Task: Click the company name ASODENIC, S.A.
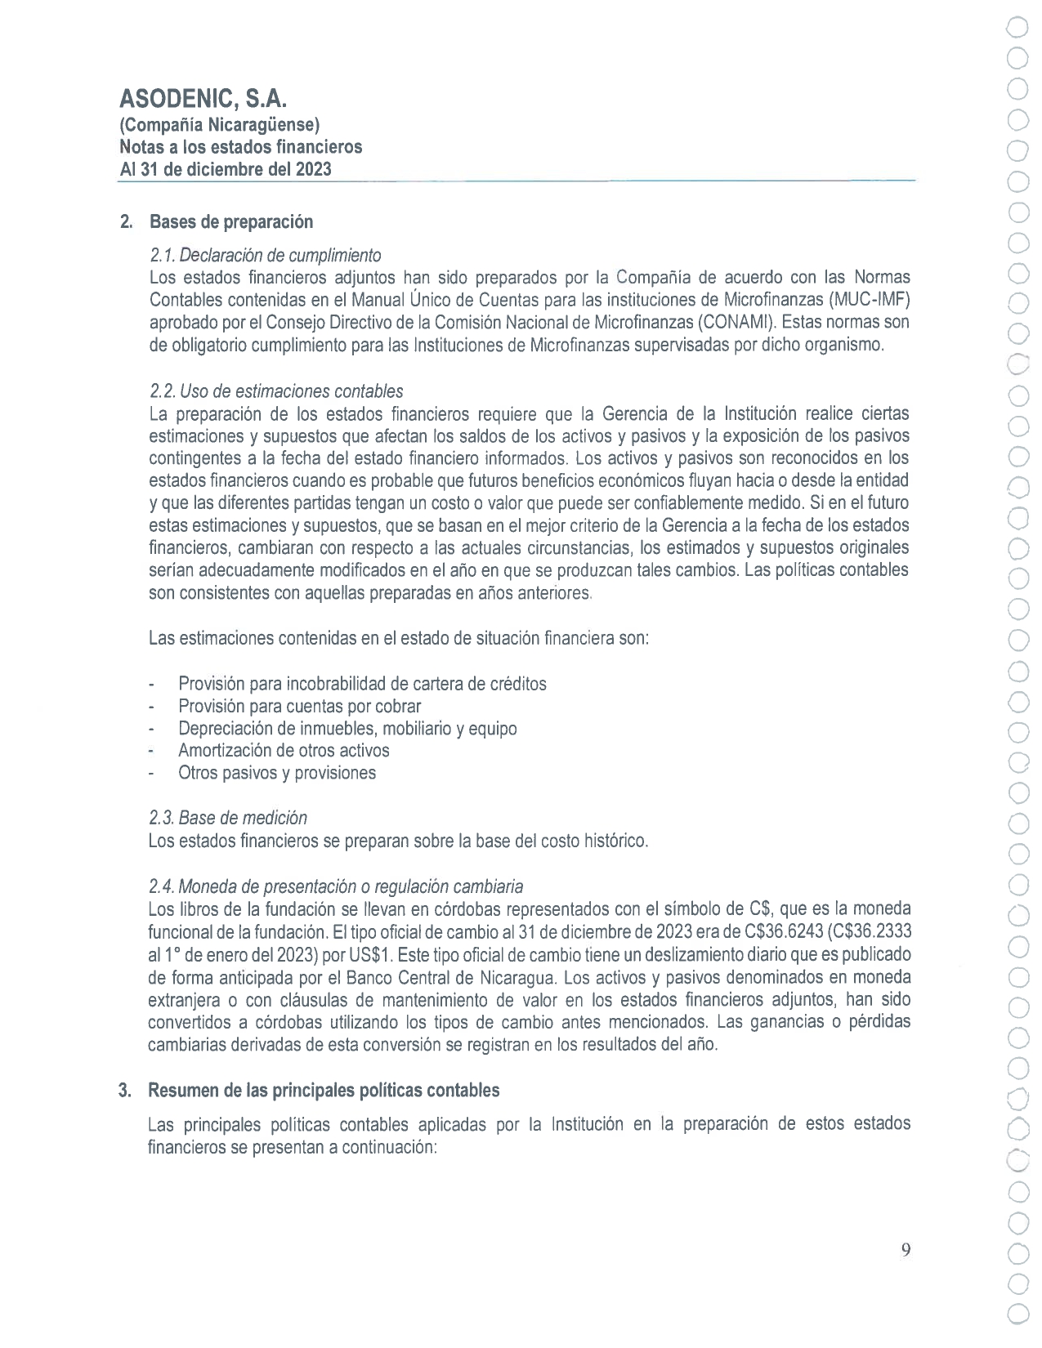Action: tap(203, 99)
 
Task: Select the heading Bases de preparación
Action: tap(230, 221)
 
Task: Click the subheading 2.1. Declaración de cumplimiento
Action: tap(265, 255)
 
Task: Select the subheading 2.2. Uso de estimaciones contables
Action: tap(276, 391)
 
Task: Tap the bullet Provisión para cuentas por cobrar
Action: tap(300, 706)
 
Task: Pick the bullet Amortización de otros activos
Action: tap(284, 750)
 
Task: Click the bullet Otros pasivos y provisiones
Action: tap(277, 773)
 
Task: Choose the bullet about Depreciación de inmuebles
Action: tap(347, 728)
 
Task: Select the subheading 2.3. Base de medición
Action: tap(228, 818)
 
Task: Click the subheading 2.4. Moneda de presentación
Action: tap(336, 886)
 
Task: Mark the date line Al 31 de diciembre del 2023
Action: tap(226, 169)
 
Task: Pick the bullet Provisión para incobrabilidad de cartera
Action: tap(362, 683)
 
